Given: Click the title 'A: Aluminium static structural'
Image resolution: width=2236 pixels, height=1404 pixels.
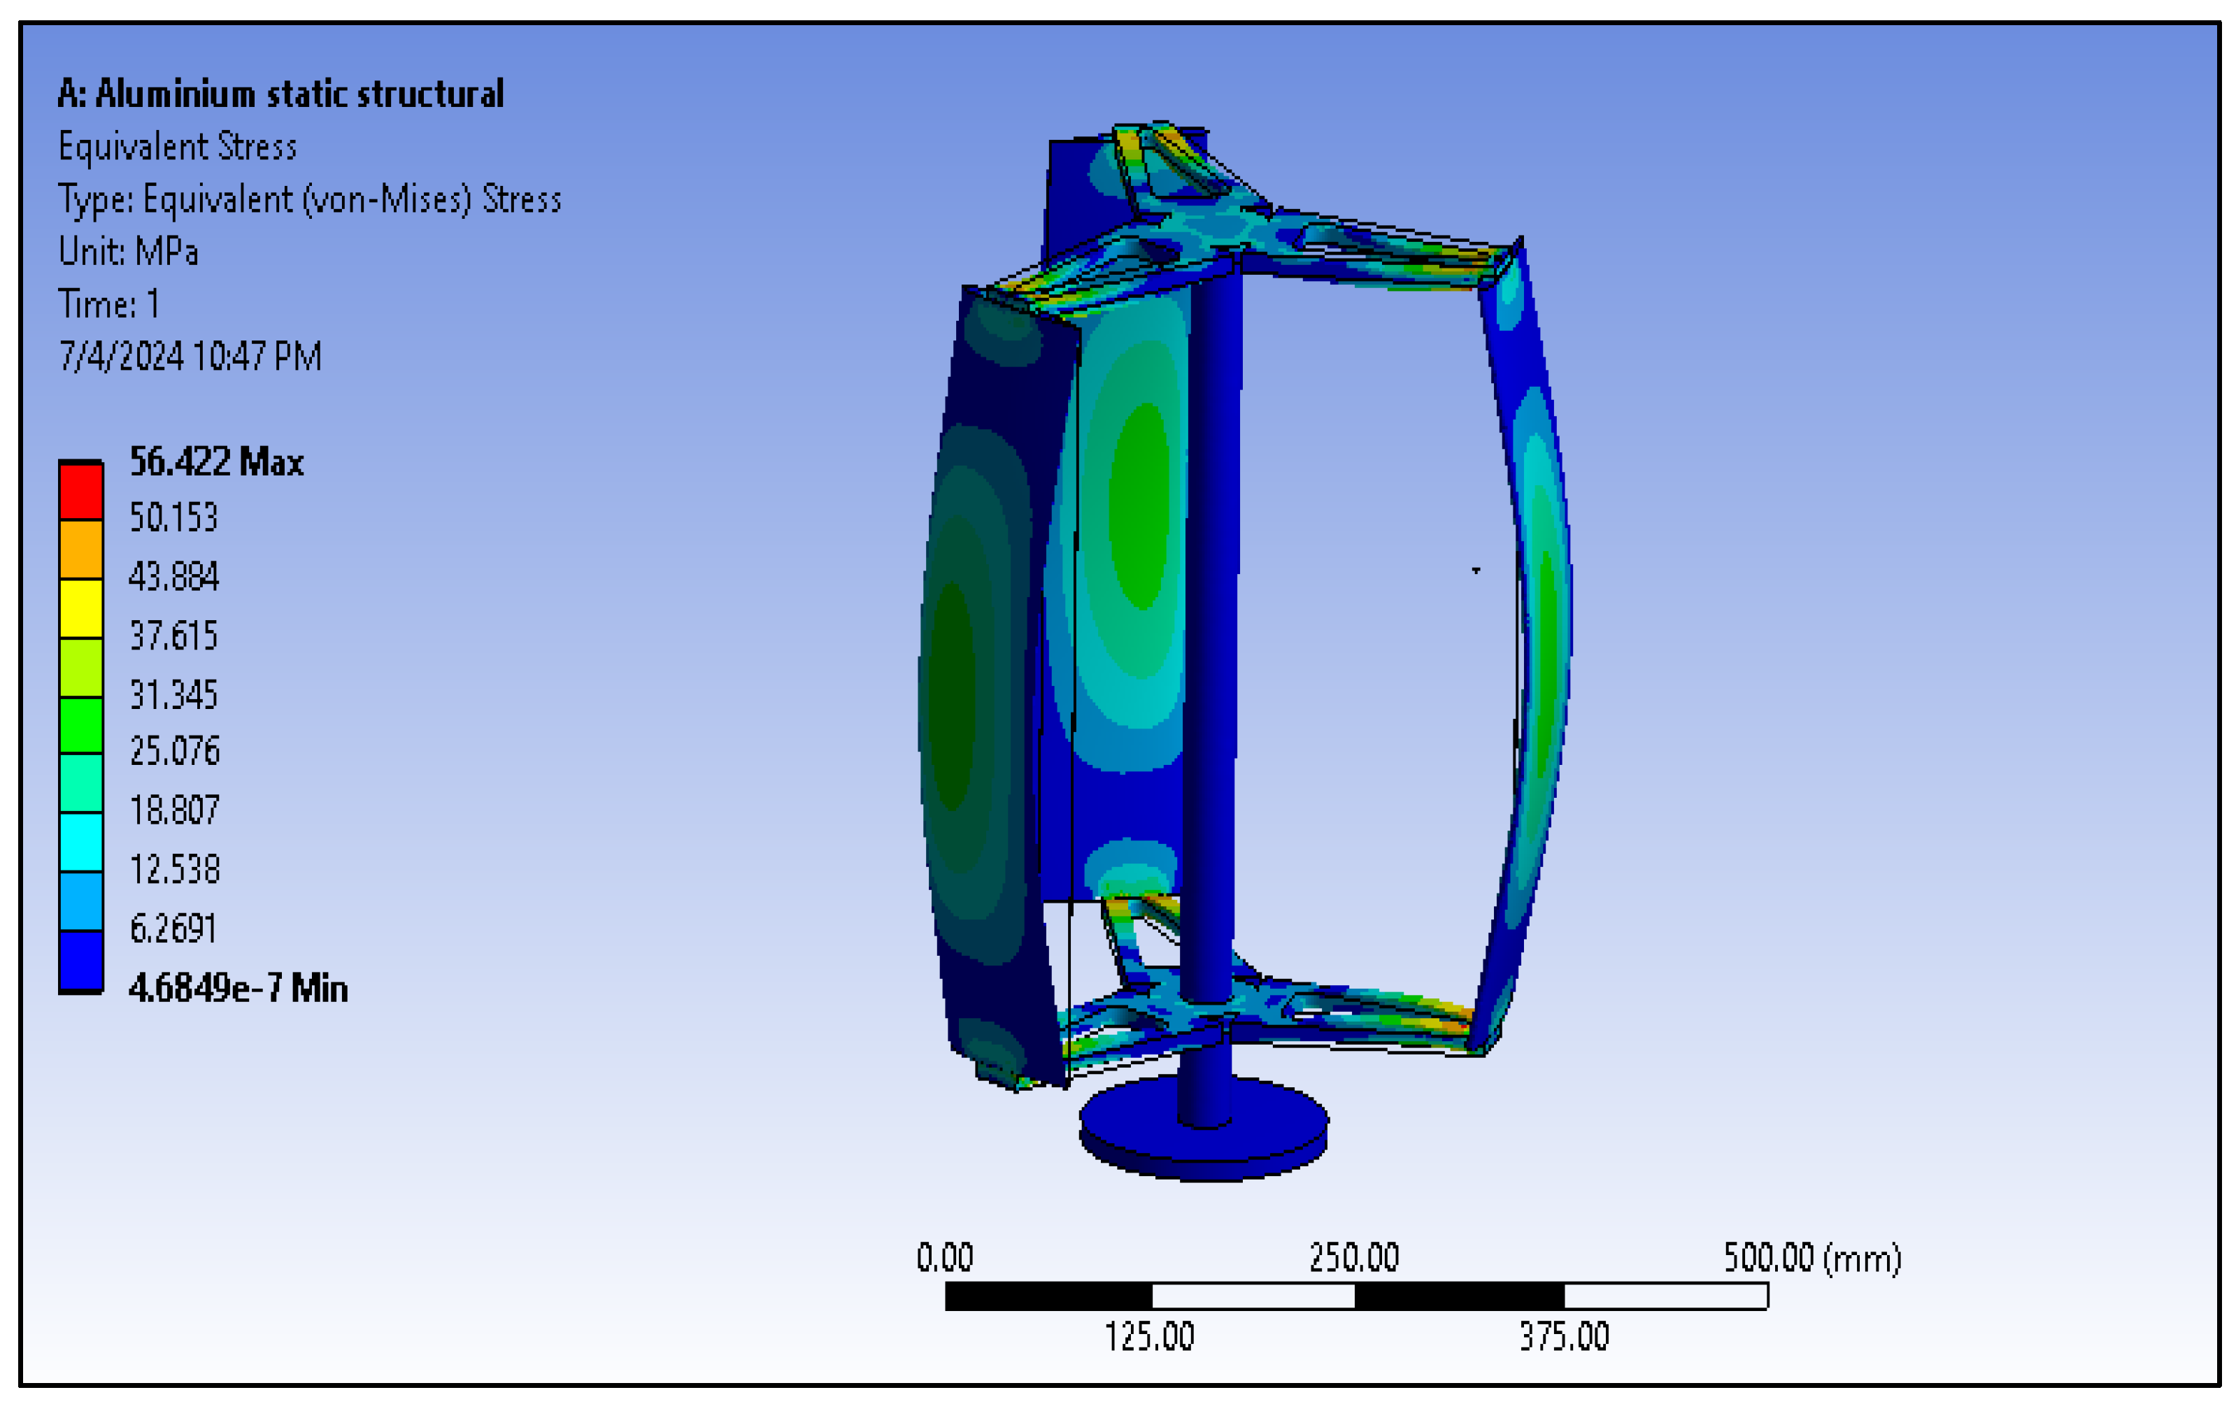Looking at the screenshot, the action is point(280,94).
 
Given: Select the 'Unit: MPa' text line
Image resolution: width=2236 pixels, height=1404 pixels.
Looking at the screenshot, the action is point(128,252).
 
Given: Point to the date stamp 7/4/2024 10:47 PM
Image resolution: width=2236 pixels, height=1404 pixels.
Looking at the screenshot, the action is point(190,357).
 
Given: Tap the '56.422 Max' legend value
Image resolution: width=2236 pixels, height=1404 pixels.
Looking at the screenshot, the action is point(216,461).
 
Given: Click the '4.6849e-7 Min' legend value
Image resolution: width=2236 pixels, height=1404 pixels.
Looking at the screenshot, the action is point(238,988).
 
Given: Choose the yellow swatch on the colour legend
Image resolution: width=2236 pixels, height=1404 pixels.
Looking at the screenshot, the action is point(81,608).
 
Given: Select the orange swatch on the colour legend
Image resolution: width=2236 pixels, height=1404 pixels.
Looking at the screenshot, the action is point(81,550).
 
